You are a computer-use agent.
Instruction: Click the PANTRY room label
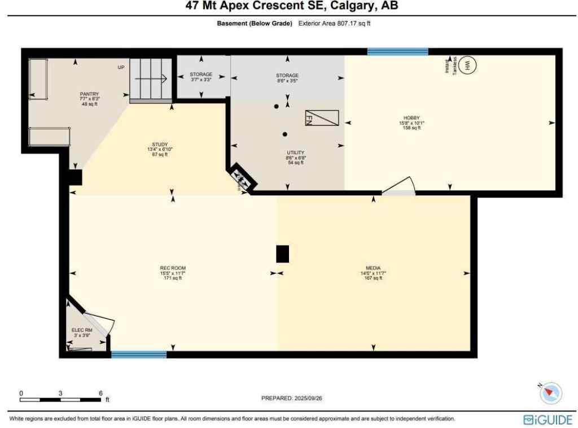[89, 94]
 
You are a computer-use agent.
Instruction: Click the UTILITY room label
[295, 152]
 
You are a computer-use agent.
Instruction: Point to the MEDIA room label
[373, 268]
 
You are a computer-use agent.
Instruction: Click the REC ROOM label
[173, 268]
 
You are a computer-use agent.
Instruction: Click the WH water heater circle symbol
[467, 65]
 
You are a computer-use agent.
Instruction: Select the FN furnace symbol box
[322, 117]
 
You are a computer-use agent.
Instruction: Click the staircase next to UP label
[151, 79]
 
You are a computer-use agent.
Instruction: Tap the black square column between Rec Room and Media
[282, 254]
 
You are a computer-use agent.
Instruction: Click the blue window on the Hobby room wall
[397, 51]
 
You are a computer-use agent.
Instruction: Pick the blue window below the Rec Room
[139, 355]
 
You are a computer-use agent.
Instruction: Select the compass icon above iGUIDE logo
[551, 392]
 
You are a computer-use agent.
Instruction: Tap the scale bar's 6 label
[100, 393]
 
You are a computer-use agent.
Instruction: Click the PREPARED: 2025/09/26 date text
[291, 398]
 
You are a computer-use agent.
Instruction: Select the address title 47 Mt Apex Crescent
[291, 6]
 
